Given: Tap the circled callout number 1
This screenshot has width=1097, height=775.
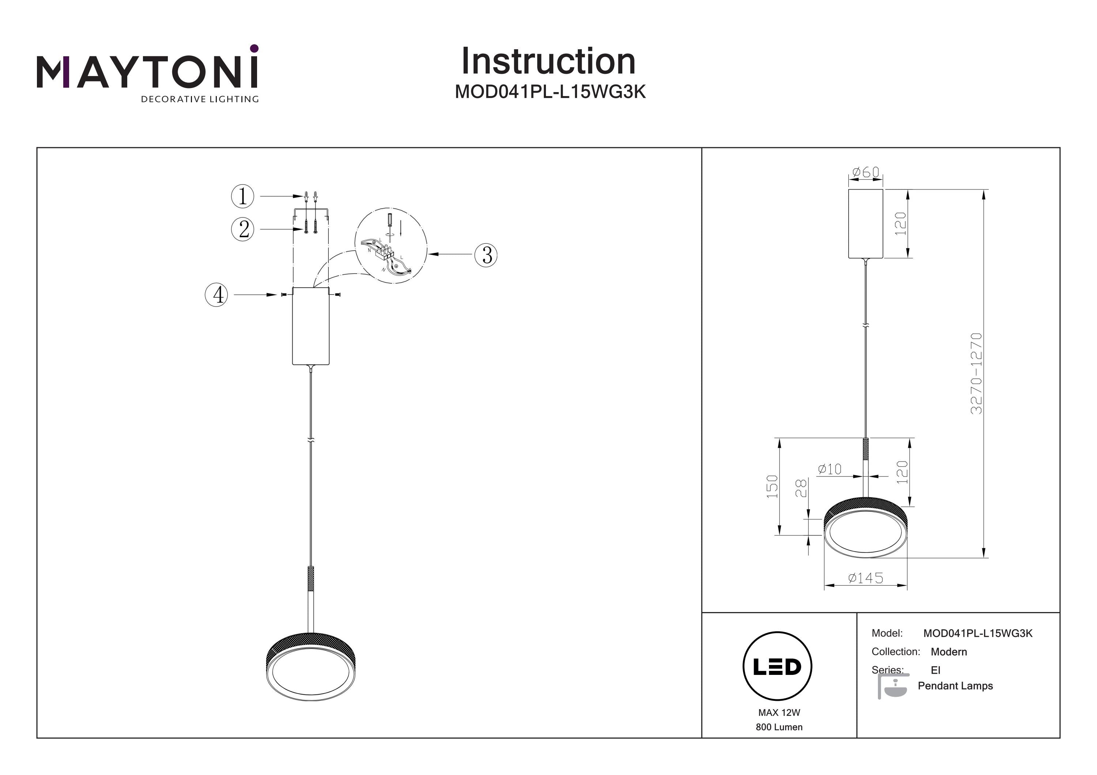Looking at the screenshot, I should pyautogui.click(x=243, y=196).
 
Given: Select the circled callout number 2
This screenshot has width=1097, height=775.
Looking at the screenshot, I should pyautogui.click(x=243, y=230).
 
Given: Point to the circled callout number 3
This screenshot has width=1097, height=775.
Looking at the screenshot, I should pyautogui.click(x=486, y=255).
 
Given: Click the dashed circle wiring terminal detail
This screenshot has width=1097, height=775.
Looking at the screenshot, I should pyautogui.click(x=391, y=246).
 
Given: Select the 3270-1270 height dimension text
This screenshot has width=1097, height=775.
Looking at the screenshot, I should pyautogui.click(x=976, y=373).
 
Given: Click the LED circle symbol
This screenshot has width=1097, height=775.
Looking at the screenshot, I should pyautogui.click(x=777, y=666).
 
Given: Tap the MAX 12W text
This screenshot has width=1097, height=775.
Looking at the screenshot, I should pyautogui.click(x=779, y=713).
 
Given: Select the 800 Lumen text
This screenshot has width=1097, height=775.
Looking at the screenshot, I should pyautogui.click(x=779, y=727).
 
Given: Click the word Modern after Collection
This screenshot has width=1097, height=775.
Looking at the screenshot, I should pyautogui.click(x=949, y=652).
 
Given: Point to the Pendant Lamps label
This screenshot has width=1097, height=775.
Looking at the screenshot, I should pyautogui.click(x=955, y=686).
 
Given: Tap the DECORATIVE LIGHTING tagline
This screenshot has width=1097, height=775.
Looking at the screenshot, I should pyautogui.click(x=199, y=99).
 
